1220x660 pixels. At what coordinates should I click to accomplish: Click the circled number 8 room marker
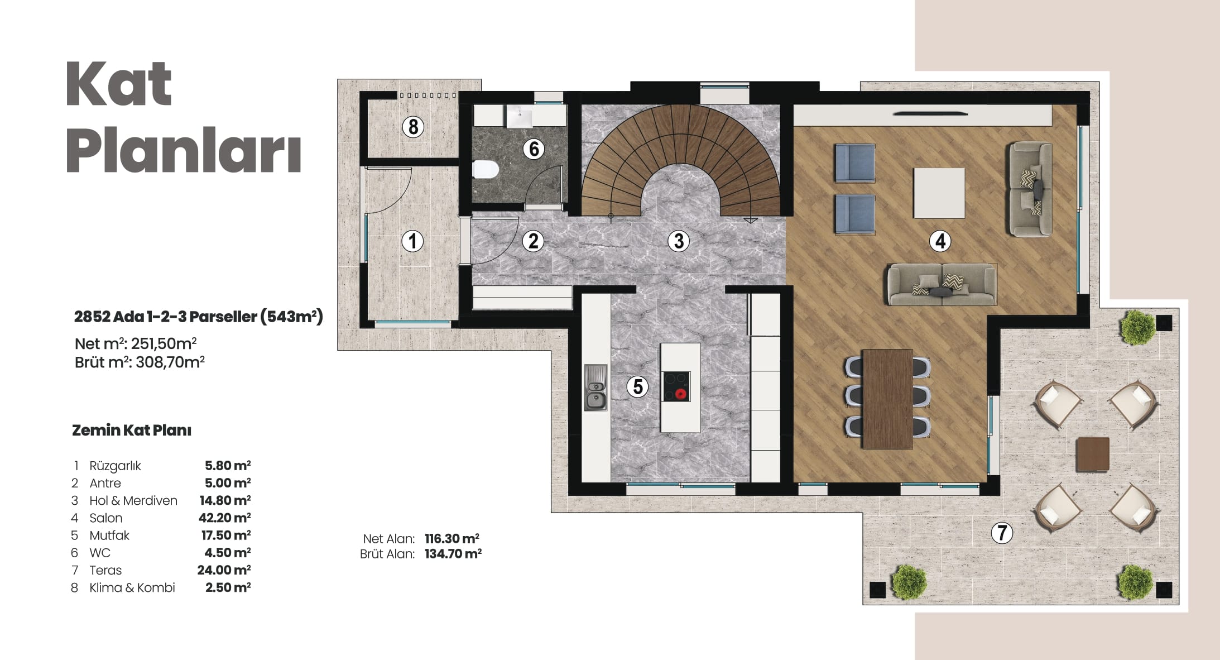click(x=413, y=127)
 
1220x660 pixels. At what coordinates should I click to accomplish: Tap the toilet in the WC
click(x=485, y=169)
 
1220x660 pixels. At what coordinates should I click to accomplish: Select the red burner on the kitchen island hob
click(x=680, y=394)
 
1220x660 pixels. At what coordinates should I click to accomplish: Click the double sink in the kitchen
click(x=595, y=388)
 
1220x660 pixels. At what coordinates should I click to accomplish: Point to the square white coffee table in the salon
click(x=939, y=193)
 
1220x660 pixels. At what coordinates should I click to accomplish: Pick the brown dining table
click(x=887, y=399)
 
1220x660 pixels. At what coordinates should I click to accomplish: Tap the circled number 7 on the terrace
click(x=1002, y=532)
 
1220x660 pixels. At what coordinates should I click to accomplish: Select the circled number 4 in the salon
click(x=940, y=241)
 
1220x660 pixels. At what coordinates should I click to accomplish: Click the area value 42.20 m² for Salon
click(x=224, y=518)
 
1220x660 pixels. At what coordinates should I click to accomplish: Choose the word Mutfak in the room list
click(x=109, y=535)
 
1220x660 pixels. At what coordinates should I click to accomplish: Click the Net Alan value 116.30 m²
click(x=452, y=539)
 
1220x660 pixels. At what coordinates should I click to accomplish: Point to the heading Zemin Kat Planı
click(x=132, y=431)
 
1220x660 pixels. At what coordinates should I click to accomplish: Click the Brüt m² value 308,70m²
click(x=170, y=362)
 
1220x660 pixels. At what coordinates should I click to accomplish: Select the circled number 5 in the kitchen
click(x=637, y=386)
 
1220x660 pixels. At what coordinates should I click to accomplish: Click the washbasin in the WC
click(x=520, y=117)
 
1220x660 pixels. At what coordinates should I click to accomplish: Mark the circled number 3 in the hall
click(x=679, y=241)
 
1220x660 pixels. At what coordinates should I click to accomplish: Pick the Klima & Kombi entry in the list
click(x=132, y=587)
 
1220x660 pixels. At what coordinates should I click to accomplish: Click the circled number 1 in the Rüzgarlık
click(x=412, y=241)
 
